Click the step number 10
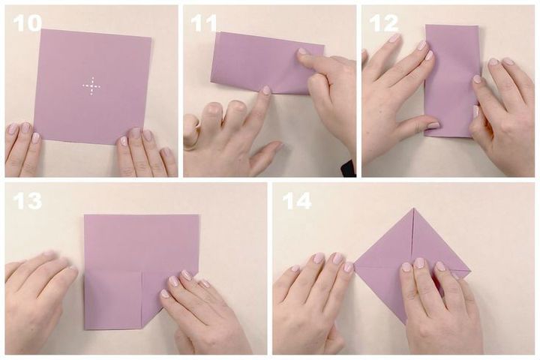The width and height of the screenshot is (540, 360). click(x=27, y=24)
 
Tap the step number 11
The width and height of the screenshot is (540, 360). click(x=203, y=24)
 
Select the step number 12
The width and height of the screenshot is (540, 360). click(x=383, y=24)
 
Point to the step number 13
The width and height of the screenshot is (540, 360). click(x=27, y=201)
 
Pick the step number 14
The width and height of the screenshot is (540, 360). click(x=296, y=201)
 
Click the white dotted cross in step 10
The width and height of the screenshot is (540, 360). click(x=92, y=85)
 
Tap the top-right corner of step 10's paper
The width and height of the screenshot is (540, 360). click(x=151, y=37)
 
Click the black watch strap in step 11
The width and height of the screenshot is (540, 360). click(x=348, y=169)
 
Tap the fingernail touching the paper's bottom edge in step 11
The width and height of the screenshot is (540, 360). click(x=266, y=90)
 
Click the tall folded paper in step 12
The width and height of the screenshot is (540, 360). click(x=451, y=81)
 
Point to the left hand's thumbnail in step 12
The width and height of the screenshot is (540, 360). click(x=433, y=125)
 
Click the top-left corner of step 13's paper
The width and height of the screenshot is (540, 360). click(x=85, y=215)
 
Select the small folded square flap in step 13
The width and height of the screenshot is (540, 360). click(x=113, y=299)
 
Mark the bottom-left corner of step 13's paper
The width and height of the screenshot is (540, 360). click(x=85, y=329)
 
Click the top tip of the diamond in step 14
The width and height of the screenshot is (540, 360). click(x=413, y=208)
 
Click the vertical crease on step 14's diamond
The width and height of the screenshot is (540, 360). click(x=412, y=238)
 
